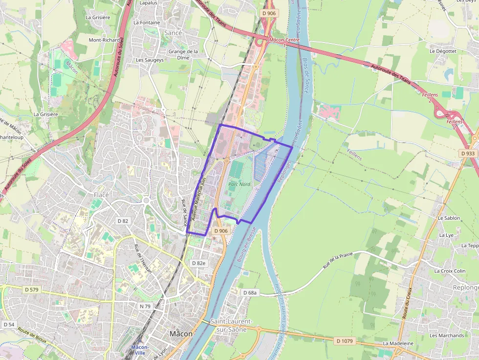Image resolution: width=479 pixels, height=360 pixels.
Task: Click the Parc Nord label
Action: pos(239,184)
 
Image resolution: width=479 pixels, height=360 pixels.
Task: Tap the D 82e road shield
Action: pos(199,263)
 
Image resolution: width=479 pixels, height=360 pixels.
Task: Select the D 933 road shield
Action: pos(467,153)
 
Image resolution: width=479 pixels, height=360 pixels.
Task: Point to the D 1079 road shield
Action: pos(345,340)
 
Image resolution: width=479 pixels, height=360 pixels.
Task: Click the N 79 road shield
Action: pos(145,306)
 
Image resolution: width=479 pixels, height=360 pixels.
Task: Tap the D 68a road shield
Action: pos(250,293)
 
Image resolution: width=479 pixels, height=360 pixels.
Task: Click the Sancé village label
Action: pos(173,33)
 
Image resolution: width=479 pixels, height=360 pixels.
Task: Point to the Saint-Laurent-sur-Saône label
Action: pos(231,325)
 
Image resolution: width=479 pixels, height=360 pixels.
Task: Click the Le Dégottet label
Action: pos(443,51)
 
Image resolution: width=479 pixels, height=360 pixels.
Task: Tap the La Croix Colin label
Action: pos(450,271)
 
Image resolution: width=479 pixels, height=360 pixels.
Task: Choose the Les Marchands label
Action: pos(446,336)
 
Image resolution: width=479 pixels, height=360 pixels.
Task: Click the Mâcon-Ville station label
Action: pos(140,350)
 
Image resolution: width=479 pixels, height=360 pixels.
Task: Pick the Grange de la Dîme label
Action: pos(183,54)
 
